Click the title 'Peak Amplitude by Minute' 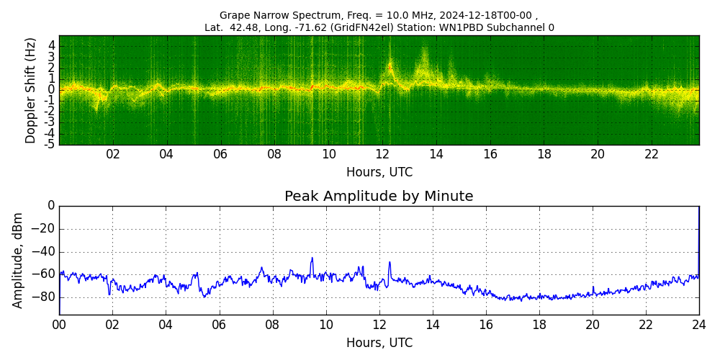(x=379, y=197)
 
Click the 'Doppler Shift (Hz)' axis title (x=31, y=91)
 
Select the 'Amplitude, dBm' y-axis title (x=19, y=260)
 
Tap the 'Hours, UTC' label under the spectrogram (x=379, y=173)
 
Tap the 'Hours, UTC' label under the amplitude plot (x=379, y=343)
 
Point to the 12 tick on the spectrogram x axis (x=382, y=155)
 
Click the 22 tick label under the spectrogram (x=652, y=155)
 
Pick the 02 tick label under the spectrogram (x=113, y=155)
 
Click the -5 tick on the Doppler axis (x=51, y=144)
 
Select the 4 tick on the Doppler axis (x=52, y=45)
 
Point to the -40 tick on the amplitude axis (x=44, y=252)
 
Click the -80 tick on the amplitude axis (x=44, y=297)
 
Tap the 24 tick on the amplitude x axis (x=699, y=325)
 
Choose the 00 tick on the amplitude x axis (x=59, y=325)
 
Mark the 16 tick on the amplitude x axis (x=486, y=325)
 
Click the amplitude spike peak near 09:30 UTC (x=312, y=258)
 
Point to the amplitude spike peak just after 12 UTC (x=390, y=262)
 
